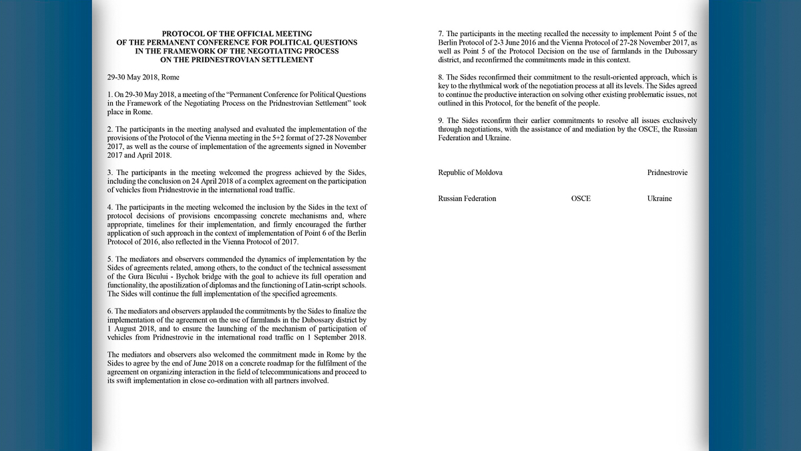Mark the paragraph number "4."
coord(109,207)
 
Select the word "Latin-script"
coord(322,285)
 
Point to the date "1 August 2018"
coord(127,329)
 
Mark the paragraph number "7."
coord(441,33)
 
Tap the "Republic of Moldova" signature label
coord(470,172)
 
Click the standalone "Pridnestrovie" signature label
coord(667,172)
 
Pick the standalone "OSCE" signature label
coord(581,198)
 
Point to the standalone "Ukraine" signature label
coord(659,198)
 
